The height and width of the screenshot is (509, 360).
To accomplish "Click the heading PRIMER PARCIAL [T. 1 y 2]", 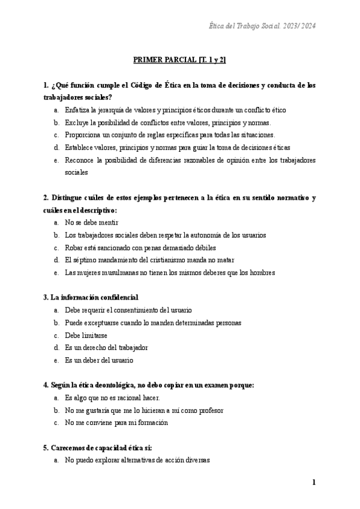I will click(x=179, y=60).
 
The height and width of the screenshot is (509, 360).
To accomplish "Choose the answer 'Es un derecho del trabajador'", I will click(x=106, y=348).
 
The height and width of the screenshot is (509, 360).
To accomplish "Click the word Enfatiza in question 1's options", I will click(x=78, y=110).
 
